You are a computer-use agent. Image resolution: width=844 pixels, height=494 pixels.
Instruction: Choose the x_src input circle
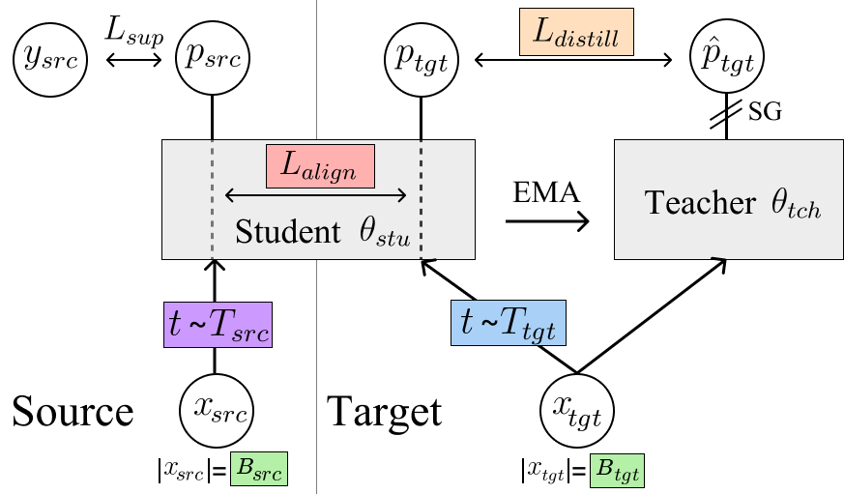pyautogui.click(x=219, y=411)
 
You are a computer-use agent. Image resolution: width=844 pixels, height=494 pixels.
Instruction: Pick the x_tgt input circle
pyautogui.click(x=577, y=412)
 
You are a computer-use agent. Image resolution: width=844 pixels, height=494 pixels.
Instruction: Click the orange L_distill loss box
pyautogui.click(x=576, y=33)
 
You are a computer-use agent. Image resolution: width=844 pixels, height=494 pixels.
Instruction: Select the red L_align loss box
pyautogui.click(x=320, y=166)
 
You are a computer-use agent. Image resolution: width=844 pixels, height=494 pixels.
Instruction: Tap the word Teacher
pyautogui.click(x=699, y=204)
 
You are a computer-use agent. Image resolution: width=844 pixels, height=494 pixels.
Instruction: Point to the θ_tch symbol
pyautogui.click(x=796, y=204)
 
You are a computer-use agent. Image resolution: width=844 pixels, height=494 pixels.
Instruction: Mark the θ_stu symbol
pyautogui.click(x=385, y=234)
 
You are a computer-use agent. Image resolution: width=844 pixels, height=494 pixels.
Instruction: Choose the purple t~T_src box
pyautogui.click(x=218, y=325)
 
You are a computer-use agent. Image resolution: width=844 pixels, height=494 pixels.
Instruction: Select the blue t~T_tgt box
pyautogui.click(x=508, y=324)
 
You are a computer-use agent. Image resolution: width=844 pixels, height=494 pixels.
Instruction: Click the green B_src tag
pyautogui.click(x=258, y=469)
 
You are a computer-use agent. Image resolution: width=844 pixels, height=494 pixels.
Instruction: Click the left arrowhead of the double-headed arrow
pyautogui.click(x=228, y=195)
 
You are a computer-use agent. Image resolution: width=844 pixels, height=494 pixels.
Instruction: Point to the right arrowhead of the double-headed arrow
pyautogui.click(x=403, y=195)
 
